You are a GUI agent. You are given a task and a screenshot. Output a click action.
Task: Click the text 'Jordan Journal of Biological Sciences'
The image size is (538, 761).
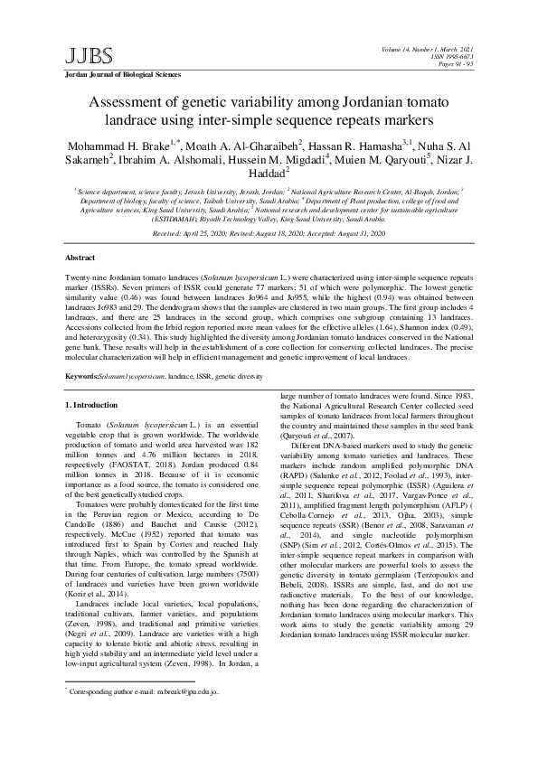121,75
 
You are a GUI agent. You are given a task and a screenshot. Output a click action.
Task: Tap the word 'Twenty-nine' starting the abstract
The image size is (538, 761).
87,273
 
